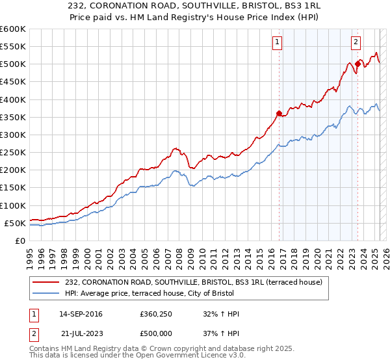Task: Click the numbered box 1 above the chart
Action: click(x=276, y=43)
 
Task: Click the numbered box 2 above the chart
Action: click(x=356, y=43)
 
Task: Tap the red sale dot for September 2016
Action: click(x=279, y=114)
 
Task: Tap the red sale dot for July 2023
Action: click(x=357, y=64)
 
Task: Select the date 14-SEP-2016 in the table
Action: click(x=81, y=314)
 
